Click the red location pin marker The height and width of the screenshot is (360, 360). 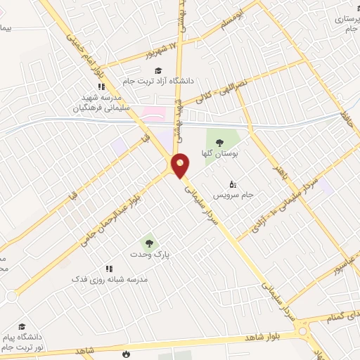pyautogui.click(x=181, y=165)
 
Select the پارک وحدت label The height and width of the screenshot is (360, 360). pyautogui.click(x=148, y=254)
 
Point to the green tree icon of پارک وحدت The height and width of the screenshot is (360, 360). pyautogui.click(x=148, y=242)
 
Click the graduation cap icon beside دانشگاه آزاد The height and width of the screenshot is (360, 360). pyautogui.click(x=158, y=70)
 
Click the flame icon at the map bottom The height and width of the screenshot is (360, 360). pyautogui.click(x=126, y=353)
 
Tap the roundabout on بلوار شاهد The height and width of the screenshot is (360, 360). pyautogui.click(x=304, y=330)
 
